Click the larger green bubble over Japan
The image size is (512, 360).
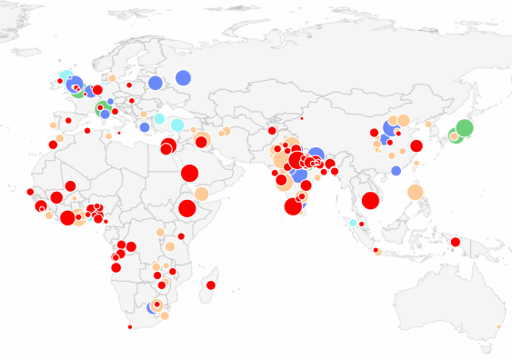(464, 128)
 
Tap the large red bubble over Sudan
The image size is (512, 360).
(189, 173)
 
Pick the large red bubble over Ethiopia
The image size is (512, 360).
(187, 209)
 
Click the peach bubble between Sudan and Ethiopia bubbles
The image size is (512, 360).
(201, 193)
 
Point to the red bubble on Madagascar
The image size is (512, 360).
(211, 285)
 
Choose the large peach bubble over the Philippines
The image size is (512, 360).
(415, 192)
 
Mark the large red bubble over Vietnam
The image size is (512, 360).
(370, 201)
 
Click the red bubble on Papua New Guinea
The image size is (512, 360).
(455, 242)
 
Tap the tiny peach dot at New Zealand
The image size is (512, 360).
(498, 325)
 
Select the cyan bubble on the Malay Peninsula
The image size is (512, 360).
(353, 222)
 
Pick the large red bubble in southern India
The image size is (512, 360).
(293, 206)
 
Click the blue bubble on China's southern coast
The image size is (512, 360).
(396, 170)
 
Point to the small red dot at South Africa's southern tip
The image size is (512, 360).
(131, 327)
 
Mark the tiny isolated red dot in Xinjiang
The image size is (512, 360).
(302, 119)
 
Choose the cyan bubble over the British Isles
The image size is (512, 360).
(65, 76)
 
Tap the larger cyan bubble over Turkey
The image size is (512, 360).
(177, 125)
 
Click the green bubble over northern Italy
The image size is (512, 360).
(103, 106)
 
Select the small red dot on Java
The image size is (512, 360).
(376, 250)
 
